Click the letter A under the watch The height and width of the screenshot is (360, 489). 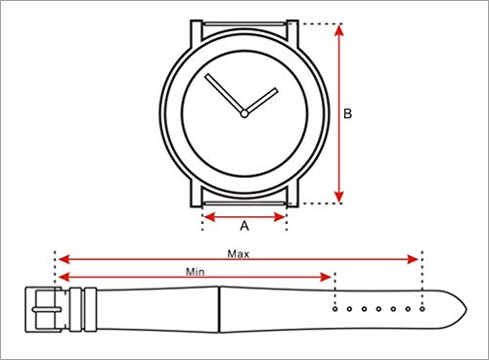pyautogui.click(x=244, y=225)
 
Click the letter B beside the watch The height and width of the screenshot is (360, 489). pyautogui.click(x=348, y=113)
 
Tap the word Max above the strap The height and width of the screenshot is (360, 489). pyautogui.click(x=239, y=253)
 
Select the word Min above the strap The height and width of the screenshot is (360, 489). pyautogui.click(x=195, y=272)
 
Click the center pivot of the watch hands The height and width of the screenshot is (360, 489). pyautogui.click(x=244, y=113)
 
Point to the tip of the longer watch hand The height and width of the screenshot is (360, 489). pyautogui.click(x=206, y=75)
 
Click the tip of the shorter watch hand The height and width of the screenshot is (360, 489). pyautogui.click(x=277, y=90)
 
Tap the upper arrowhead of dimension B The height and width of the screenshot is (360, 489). pyautogui.click(x=339, y=30)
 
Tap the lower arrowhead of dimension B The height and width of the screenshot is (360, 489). pyautogui.click(x=339, y=197)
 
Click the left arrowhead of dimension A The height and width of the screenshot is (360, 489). pyautogui.click(x=208, y=217)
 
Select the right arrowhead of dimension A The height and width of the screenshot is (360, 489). pyautogui.click(x=280, y=217)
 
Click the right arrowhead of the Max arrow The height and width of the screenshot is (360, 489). pyautogui.click(x=413, y=259)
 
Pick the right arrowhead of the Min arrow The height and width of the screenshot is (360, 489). pyautogui.click(x=326, y=277)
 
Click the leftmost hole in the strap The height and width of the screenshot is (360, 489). pyautogui.click(x=334, y=309)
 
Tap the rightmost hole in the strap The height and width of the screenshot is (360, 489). pyautogui.click(x=422, y=309)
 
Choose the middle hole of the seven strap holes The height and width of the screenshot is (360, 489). pyautogui.click(x=378, y=309)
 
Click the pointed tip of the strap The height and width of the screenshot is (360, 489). pyautogui.click(x=467, y=309)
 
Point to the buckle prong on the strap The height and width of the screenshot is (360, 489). pyautogui.click(x=47, y=309)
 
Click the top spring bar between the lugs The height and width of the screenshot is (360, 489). pyautogui.click(x=244, y=23)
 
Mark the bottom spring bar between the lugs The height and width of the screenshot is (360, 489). pyautogui.click(x=244, y=203)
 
